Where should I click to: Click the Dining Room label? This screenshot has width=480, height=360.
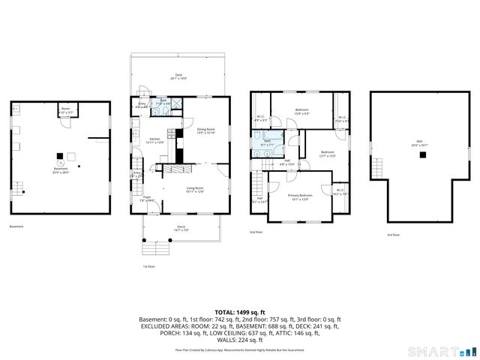tap(206, 130)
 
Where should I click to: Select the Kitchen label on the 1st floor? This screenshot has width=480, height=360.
tap(154, 140)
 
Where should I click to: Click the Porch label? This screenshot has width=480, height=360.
tap(181, 228)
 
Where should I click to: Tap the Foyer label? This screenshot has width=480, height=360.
tap(147, 199)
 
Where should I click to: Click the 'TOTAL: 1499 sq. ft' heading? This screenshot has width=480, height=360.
tap(240, 311)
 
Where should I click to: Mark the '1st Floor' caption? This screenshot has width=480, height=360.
tap(148, 266)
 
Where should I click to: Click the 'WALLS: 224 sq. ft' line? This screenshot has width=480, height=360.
tap(240, 340)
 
